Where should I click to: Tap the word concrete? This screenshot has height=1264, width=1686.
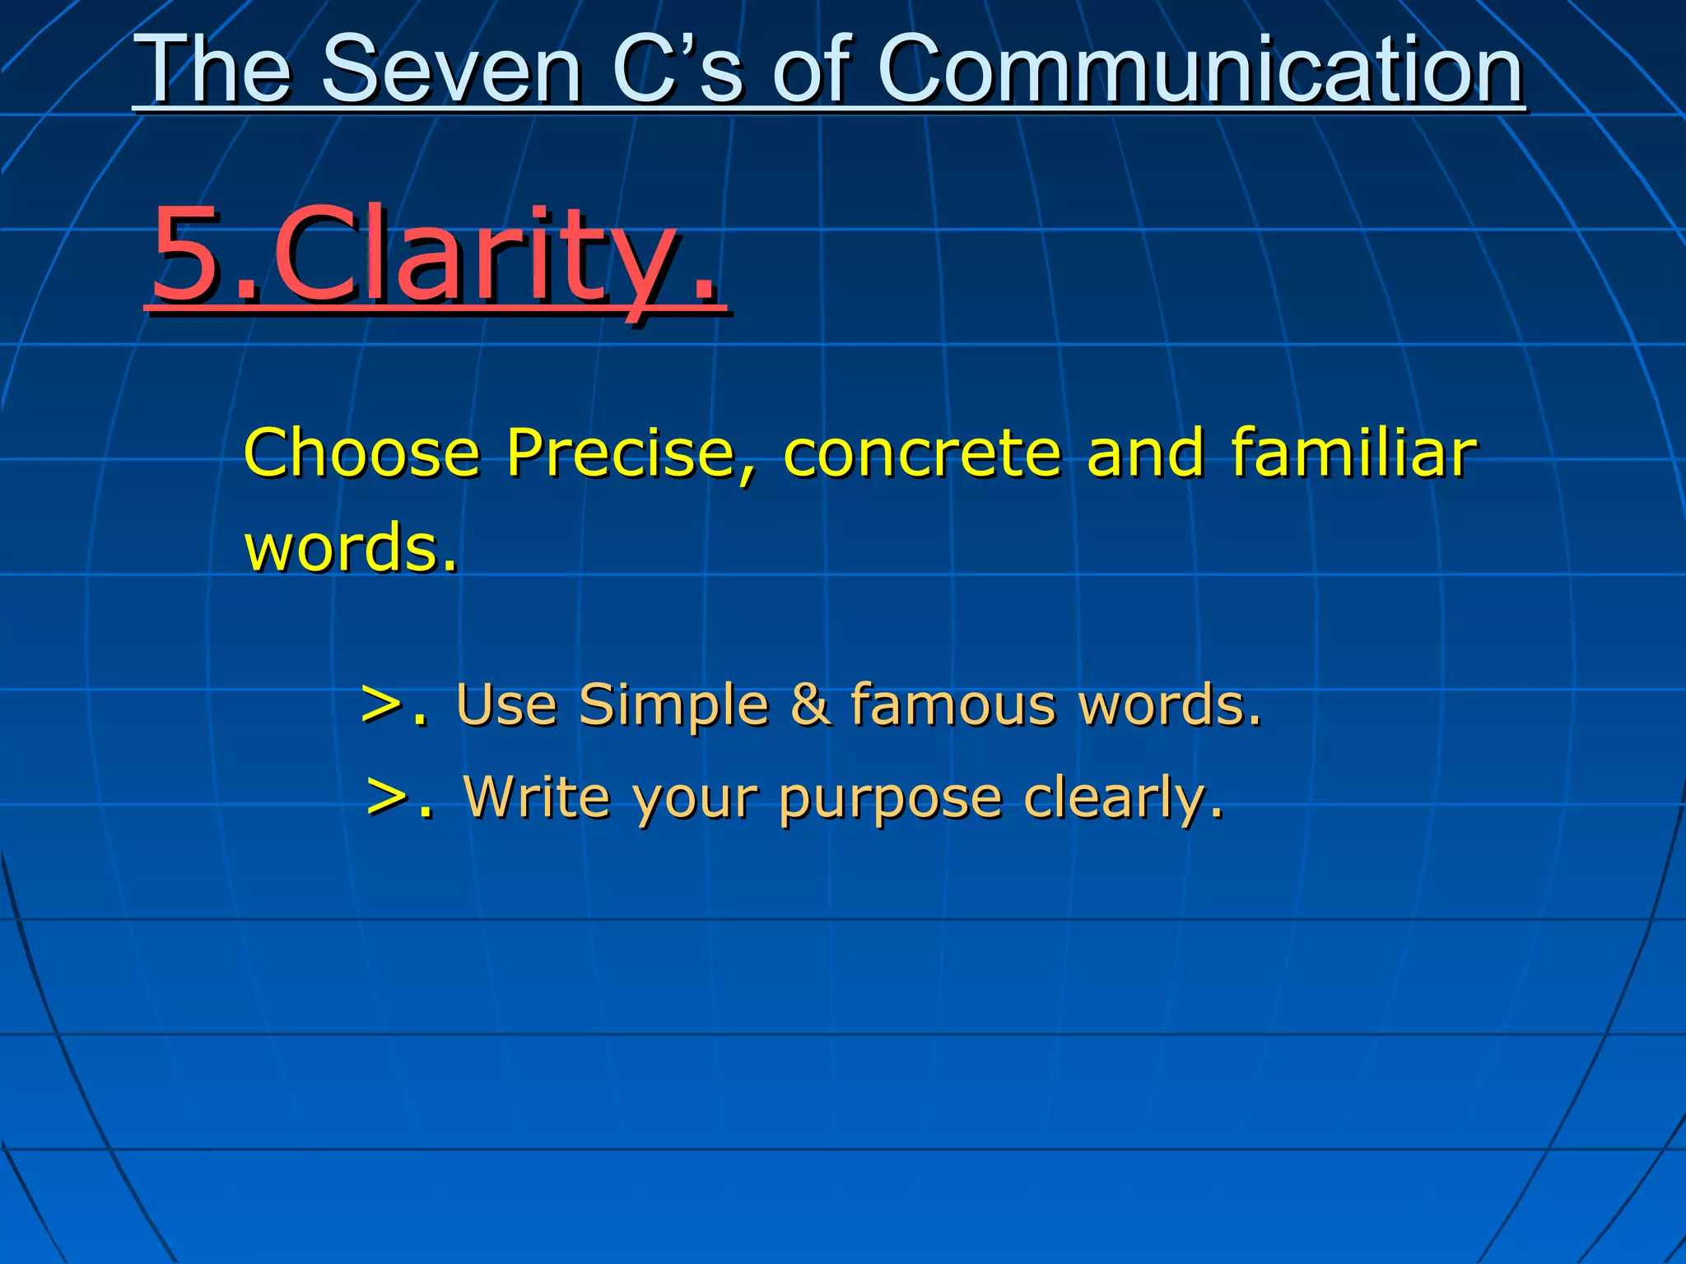click(921, 454)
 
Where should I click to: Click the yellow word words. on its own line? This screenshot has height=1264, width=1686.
click(350, 547)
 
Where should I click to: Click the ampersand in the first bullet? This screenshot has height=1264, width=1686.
click(810, 705)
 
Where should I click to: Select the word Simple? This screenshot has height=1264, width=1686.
click(673, 705)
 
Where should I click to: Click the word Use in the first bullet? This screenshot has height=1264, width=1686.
click(506, 705)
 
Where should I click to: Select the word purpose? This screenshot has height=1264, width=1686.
click(890, 798)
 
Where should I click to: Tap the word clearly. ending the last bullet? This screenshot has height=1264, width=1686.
click(1123, 798)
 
